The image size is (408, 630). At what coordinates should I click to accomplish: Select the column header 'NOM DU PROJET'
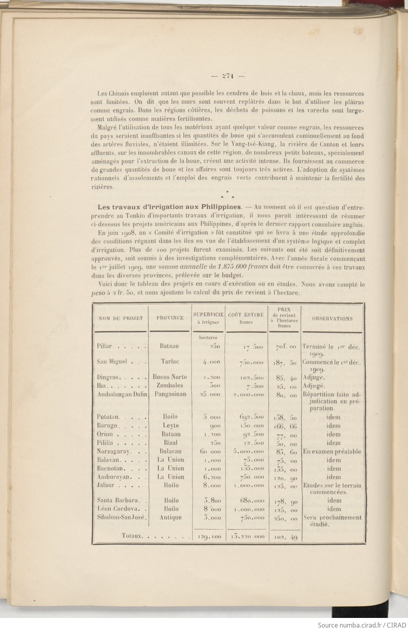point(120,318)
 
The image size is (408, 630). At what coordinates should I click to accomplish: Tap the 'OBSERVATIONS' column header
point(332,318)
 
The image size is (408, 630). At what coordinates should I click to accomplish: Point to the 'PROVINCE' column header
point(170,318)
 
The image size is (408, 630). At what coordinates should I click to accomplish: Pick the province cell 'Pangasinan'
point(171,394)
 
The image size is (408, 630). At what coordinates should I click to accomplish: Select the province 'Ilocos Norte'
point(171,377)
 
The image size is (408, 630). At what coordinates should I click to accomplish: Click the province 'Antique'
point(170,517)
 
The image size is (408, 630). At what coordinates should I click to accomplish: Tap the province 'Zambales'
point(170,385)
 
